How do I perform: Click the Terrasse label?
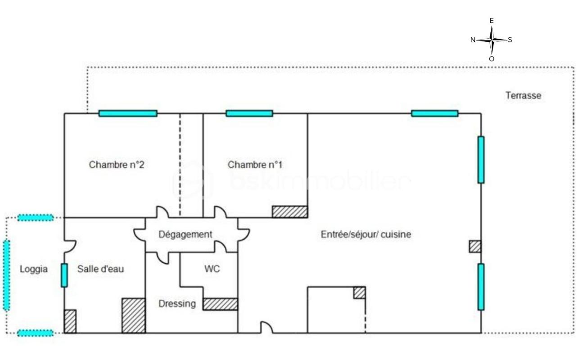[x=523, y=95]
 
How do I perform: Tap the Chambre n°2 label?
[x=117, y=165]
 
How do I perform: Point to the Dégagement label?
[x=185, y=234]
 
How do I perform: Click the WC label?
[x=212, y=269]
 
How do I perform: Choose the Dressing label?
[x=177, y=304]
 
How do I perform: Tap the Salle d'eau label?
[x=100, y=269]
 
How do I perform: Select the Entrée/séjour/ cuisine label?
[x=366, y=234]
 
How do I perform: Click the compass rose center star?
[x=492, y=40]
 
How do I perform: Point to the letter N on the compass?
[x=473, y=40]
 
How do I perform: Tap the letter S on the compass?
[x=510, y=40]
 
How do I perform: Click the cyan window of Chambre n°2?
[x=128, y=113]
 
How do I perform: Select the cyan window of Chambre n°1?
[x=249, y=113]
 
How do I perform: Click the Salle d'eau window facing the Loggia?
[x=64, y=275]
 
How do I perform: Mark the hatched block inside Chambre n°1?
[x=290, y=211]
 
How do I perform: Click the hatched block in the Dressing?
[x=220, y=304]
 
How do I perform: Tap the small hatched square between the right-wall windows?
[x=475, y=246]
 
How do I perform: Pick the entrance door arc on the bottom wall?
[x=267, y=328]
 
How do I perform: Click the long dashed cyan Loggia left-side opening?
[x=7, y=275]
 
